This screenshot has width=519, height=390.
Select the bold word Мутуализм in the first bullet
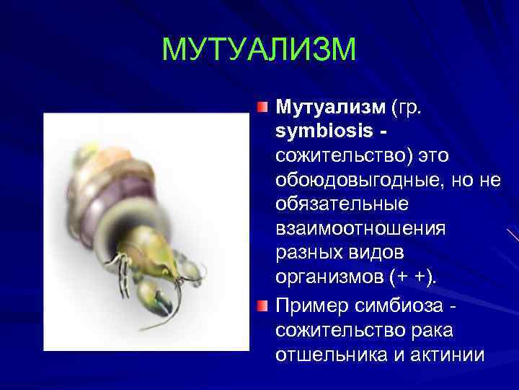[x=331, y=108]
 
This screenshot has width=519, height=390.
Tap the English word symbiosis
[x=322, y=133]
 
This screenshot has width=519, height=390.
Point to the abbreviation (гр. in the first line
[x=410, y=108]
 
